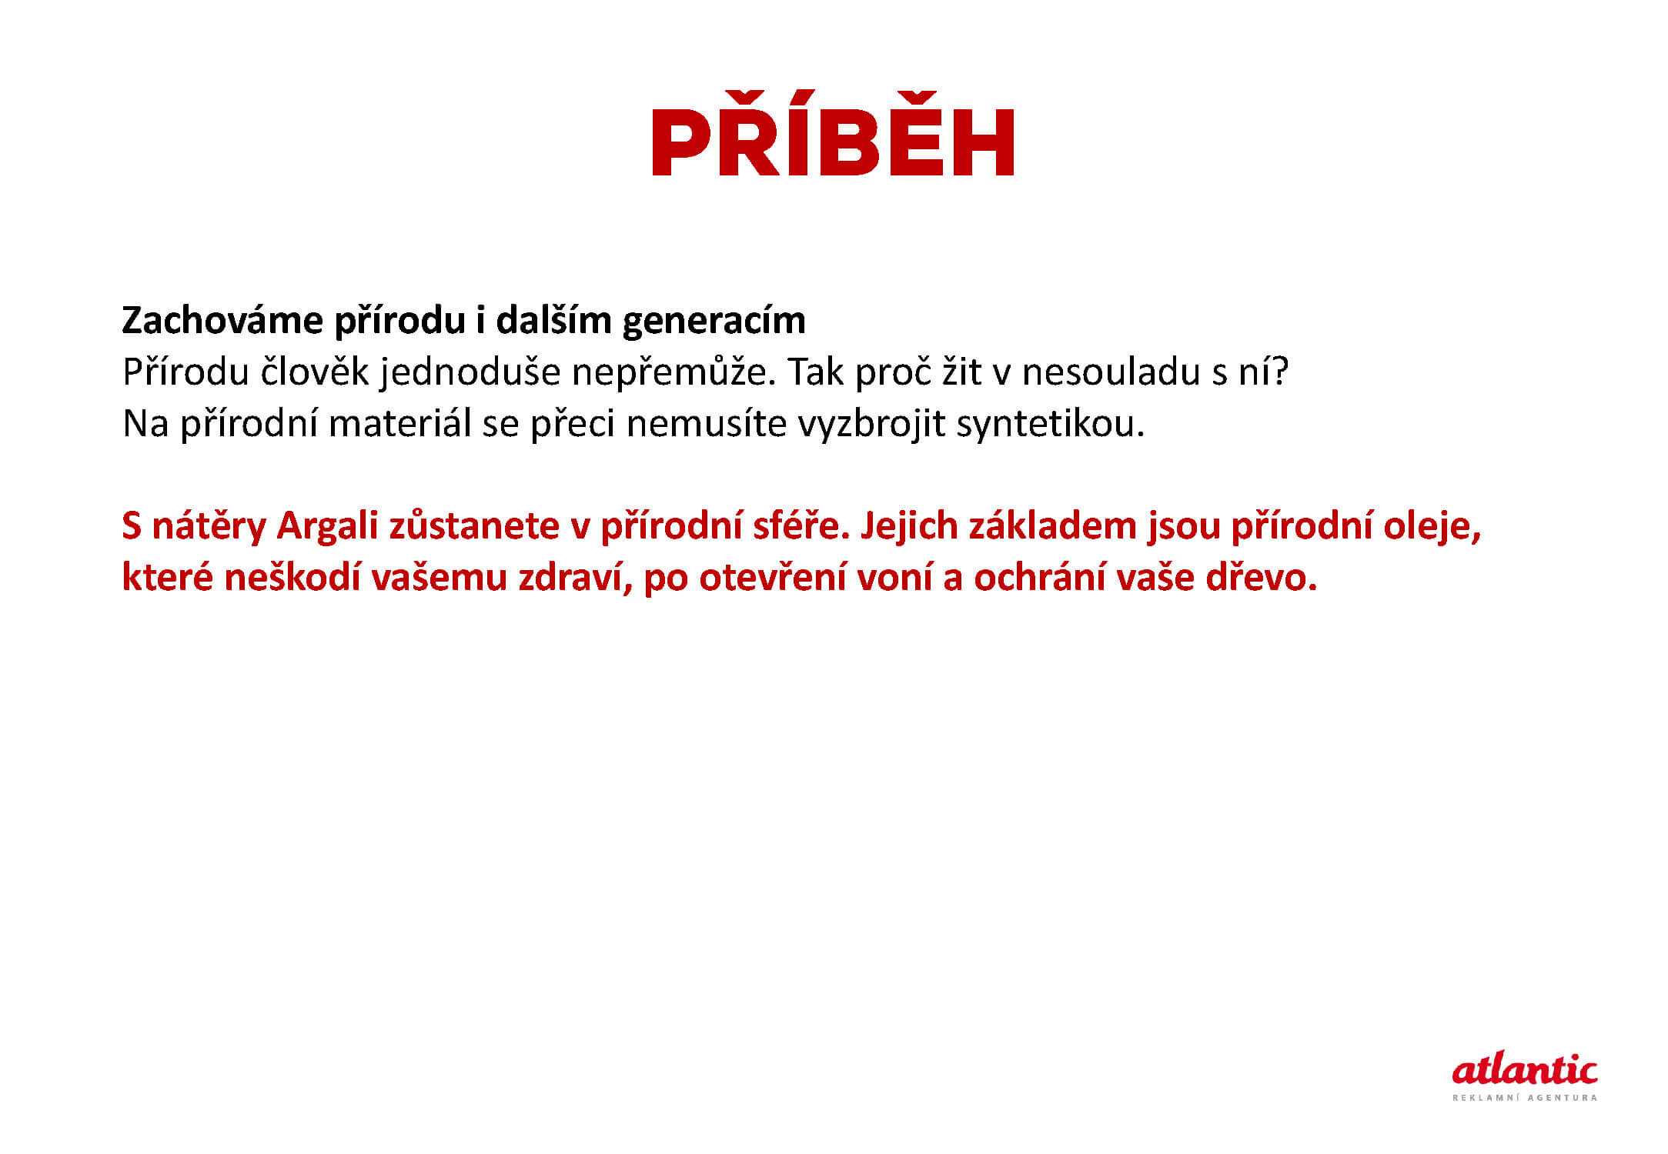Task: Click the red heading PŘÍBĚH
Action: click(833, 134)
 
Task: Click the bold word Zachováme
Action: click(222, 320)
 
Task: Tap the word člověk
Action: click(315, 372)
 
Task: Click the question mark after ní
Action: click(1280, 372)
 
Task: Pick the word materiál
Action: click(399, 424)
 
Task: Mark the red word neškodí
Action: click(292, 578)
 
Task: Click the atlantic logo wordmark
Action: click(1524, 1069)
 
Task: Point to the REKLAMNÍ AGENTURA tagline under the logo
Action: click(1524, 1098)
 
